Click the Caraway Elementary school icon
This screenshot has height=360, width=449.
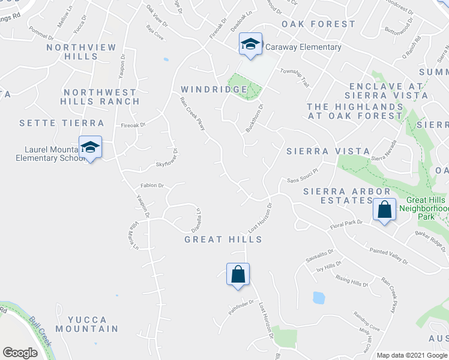pos(250,44)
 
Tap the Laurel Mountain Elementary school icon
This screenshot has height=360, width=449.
pos(90,147)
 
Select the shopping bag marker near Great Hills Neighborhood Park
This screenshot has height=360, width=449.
pos(384,210)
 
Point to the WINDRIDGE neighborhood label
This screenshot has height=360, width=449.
pos(214,89)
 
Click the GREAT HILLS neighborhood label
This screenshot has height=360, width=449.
pos(223,239)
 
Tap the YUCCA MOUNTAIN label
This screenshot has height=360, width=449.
pos(87,324)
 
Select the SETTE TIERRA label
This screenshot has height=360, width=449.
pos(62,123)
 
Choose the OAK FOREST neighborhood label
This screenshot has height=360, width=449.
pos(319,24)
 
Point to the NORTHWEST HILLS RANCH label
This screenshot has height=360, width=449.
pos(100,97)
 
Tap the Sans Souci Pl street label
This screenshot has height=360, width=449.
pos(301,179)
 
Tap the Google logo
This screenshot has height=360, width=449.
pos(20,353)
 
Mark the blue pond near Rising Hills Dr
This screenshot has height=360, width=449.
pos(319,297)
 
